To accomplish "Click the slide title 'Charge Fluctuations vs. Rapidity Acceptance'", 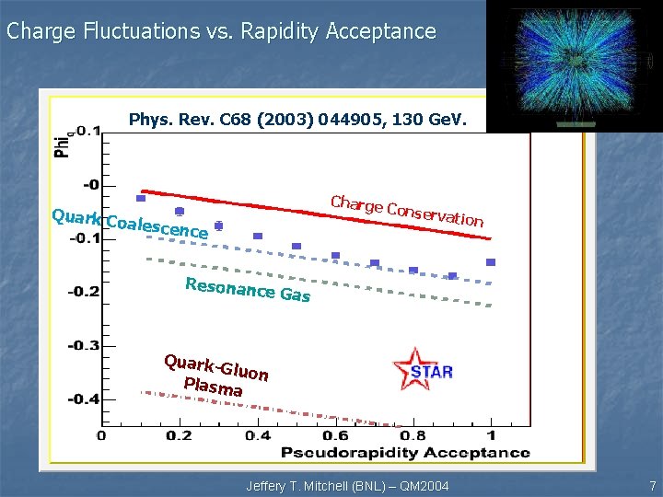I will tap(221, 31).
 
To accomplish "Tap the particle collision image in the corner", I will tap(573, 66).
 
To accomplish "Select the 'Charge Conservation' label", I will tap(406, 211).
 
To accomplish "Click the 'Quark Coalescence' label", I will tap(130, 224).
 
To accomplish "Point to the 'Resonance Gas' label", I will tap(248, 289).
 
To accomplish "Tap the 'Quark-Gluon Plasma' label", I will tap(215, 376).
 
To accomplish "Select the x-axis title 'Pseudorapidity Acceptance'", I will tap(405, 452).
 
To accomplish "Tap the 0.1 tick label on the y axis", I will tap(87, 132).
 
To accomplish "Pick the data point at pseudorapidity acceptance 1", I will tap(491, 262).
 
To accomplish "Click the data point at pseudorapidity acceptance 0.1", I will tap(141, 198).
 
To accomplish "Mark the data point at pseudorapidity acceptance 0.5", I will tap(297, 246).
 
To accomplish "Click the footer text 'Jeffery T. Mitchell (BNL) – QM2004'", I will tap(347, 485).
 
